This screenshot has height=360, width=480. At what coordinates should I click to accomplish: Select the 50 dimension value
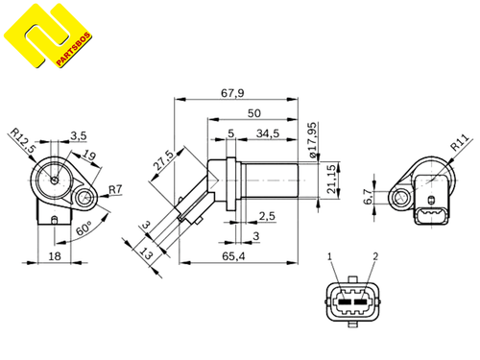tap(253, 113)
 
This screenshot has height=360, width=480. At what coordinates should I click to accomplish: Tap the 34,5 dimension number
tap(268, 133)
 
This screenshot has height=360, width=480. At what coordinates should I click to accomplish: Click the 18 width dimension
tap(56, 257)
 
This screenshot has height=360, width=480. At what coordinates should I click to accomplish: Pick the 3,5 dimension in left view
tap(78, 136)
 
